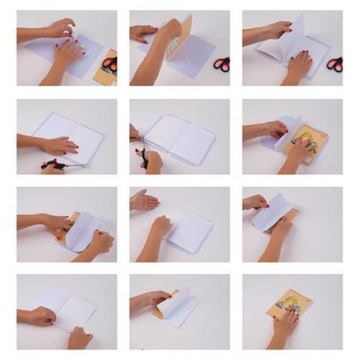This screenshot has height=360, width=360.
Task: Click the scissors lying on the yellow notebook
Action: coord(109,64)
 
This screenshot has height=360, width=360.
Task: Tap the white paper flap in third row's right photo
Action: coord(270,212)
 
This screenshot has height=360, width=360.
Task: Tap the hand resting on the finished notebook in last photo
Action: coord(285,324)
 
